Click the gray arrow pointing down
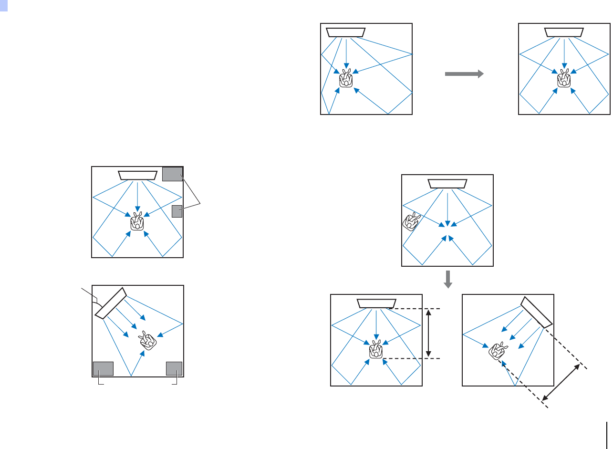pyautogui.click(x=447, y=280)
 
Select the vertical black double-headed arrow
pyautogui.click(x=429, y=334)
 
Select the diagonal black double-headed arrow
pyautogui.click(x=561, y=383)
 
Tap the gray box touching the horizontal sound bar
pyautogui.click(x=172, y=174)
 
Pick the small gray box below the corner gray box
pyautogui.click(x=177, y=211)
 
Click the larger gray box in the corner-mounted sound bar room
pyautogui.click(x=103, y=369)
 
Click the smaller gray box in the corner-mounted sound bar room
pyautogui.click(x=174, y=369)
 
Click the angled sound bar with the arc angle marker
pyautogui.click(x=110, y=303)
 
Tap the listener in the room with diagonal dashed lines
pyautogui.click(x=497, y=351)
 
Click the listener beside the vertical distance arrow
pyautogui.click(x=376, y=349)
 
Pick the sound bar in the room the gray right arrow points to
pyautogui.click(x=564, y=32)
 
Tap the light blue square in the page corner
pyautogui.click(x=4, y=4)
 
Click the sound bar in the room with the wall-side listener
pyautogui.click(x=447, y=184)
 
